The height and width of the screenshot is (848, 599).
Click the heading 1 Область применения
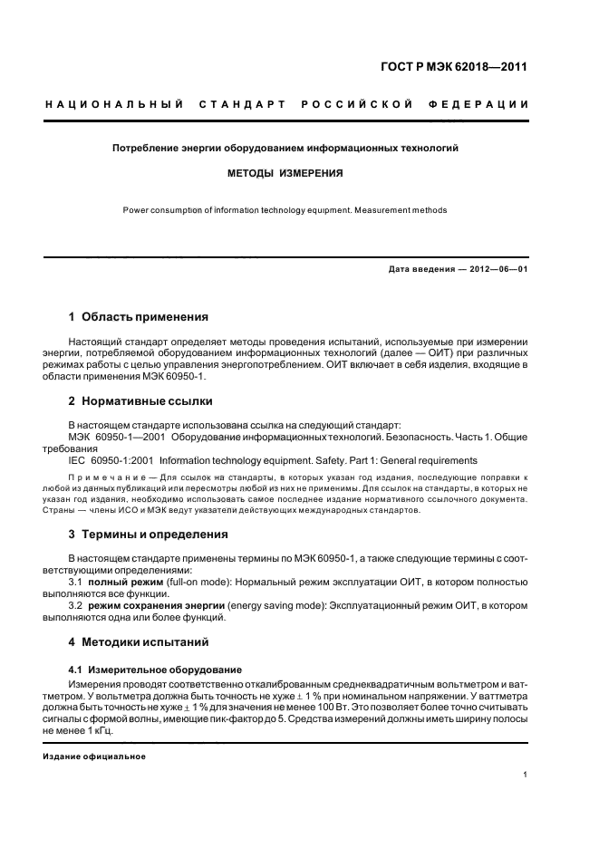[139, 317]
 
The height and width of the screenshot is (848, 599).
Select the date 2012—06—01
[495, 269]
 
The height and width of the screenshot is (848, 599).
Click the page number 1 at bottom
[526, 774]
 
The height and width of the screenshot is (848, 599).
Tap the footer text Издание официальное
[94, 755]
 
